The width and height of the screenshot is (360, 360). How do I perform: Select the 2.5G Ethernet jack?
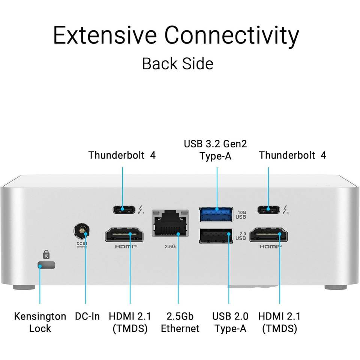(169, 223)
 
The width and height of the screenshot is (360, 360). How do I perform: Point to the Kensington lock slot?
(46, 265)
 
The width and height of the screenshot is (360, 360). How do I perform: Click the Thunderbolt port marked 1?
(123, 209)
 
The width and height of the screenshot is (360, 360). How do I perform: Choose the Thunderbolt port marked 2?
(268, 209)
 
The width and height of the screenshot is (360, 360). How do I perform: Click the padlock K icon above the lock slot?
(46, 255)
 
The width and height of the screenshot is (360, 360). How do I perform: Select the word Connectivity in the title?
(232, 36)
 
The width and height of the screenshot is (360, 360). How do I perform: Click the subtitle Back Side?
(177, 63)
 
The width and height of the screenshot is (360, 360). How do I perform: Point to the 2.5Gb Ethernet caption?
(180, 322)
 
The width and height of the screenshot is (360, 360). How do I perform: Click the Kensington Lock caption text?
(40, 322)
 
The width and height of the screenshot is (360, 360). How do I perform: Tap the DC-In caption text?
(87, 316)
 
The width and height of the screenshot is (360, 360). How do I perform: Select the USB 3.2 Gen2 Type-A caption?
(215, 150)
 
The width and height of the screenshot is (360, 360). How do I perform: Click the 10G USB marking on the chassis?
(240, 214)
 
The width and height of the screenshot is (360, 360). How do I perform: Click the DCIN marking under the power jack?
(81, 244)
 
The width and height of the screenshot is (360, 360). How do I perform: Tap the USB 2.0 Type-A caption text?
(229, 322)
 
